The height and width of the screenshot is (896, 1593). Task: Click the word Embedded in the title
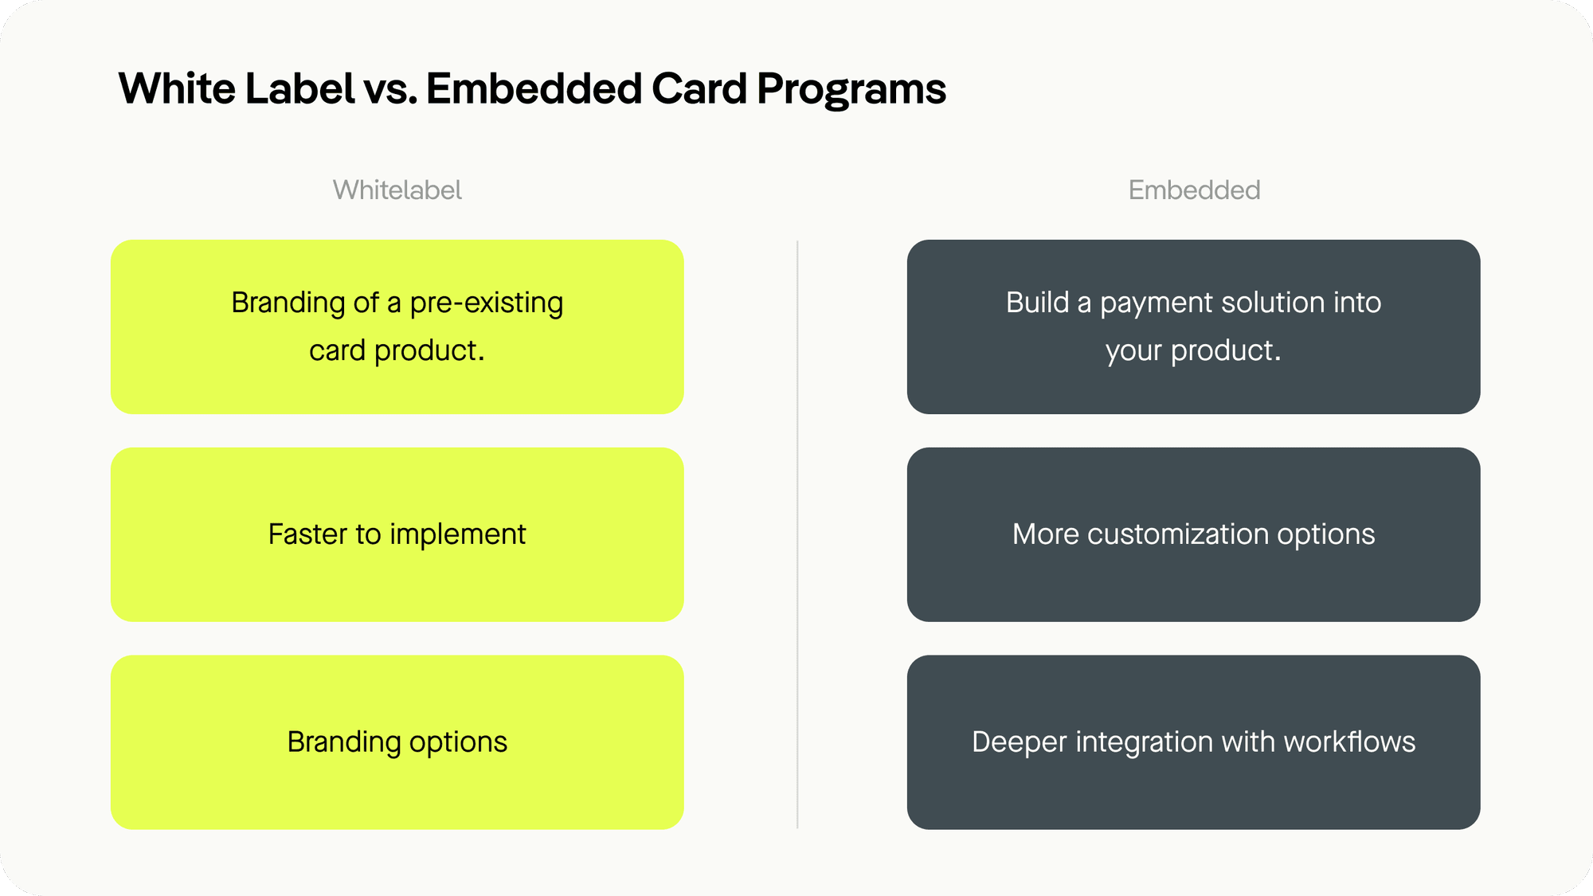534,88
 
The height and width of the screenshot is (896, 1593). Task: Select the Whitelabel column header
397,190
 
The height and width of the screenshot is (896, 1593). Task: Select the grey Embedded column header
1194,190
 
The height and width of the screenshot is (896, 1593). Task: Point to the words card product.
397,350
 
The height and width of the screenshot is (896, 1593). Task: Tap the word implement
457,534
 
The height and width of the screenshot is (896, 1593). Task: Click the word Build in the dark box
1037,303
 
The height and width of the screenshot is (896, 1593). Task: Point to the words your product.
1193,350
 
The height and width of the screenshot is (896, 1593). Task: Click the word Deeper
1019,742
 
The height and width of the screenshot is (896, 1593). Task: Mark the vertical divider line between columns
797,534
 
